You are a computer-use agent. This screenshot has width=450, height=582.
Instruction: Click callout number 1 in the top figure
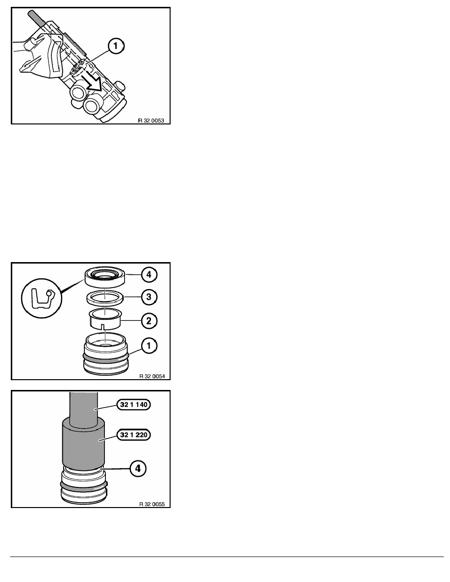point(115,48)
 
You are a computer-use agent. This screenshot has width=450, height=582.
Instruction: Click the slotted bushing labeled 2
point(105,320)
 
